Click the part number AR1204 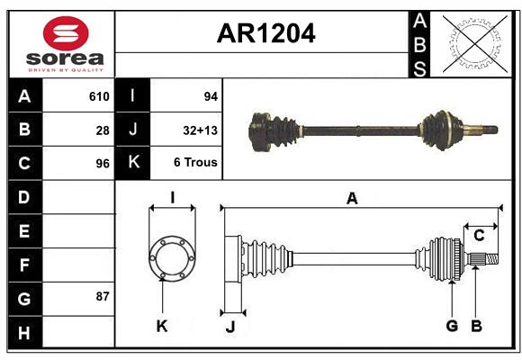pos(265,34)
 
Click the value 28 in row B pos(103,130)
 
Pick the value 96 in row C pos(103,164)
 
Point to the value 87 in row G pos(103,295)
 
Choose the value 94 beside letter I pos(211,96)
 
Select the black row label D pos(23,197)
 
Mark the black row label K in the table pos(133,164)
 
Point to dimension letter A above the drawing pos(352,199)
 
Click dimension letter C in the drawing pos(479,235)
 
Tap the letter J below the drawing pos(229,327)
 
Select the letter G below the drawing pos(452,326)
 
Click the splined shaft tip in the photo pos(490,127)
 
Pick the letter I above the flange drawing pos(171,197)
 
